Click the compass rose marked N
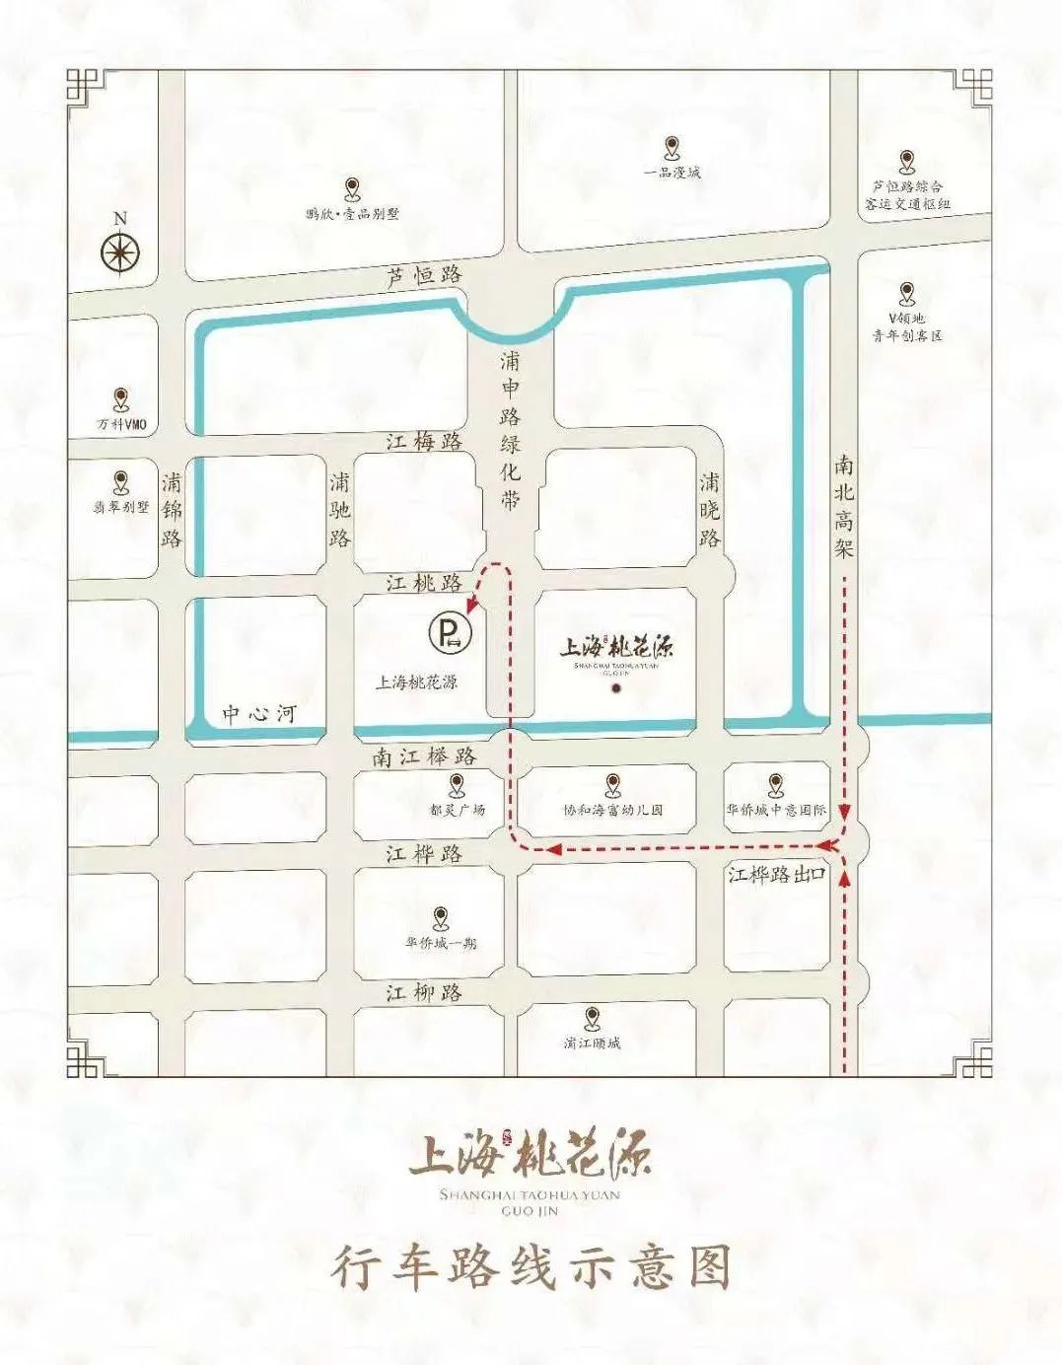(121, 252)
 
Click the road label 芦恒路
(424, 276)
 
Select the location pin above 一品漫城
(673, 148)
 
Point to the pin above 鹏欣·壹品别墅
(352, 189)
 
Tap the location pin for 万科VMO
(121, 399)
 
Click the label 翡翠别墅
(121, 507)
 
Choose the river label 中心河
(258, 713)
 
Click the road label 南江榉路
(425, 756)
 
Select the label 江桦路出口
(776, 874)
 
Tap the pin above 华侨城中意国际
(776, 785)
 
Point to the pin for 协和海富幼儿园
(612, 785)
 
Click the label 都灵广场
(457, 810)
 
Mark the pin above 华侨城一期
(440, 918)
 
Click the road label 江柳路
(424, 992)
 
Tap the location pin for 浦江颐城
(592, 1018)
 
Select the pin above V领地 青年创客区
(906, 293)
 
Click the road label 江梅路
(424, 442)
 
